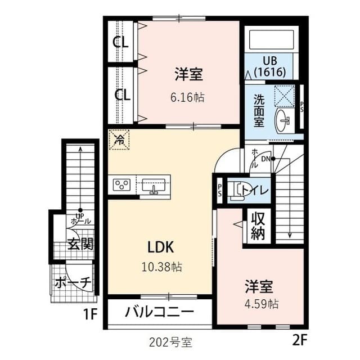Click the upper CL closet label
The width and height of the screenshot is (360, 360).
click(x=121, y=42)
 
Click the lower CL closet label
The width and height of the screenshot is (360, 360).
click(x=122, y=94)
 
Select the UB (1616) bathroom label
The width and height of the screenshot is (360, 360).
click(x=269, y=66)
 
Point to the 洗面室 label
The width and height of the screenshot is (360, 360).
click(x=259, y=111)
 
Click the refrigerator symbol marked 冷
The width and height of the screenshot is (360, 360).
click(x=119, y=140)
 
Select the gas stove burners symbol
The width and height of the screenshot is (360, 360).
click(x=122, y=184)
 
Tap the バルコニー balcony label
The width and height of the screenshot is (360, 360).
click(x=159, y=312)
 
